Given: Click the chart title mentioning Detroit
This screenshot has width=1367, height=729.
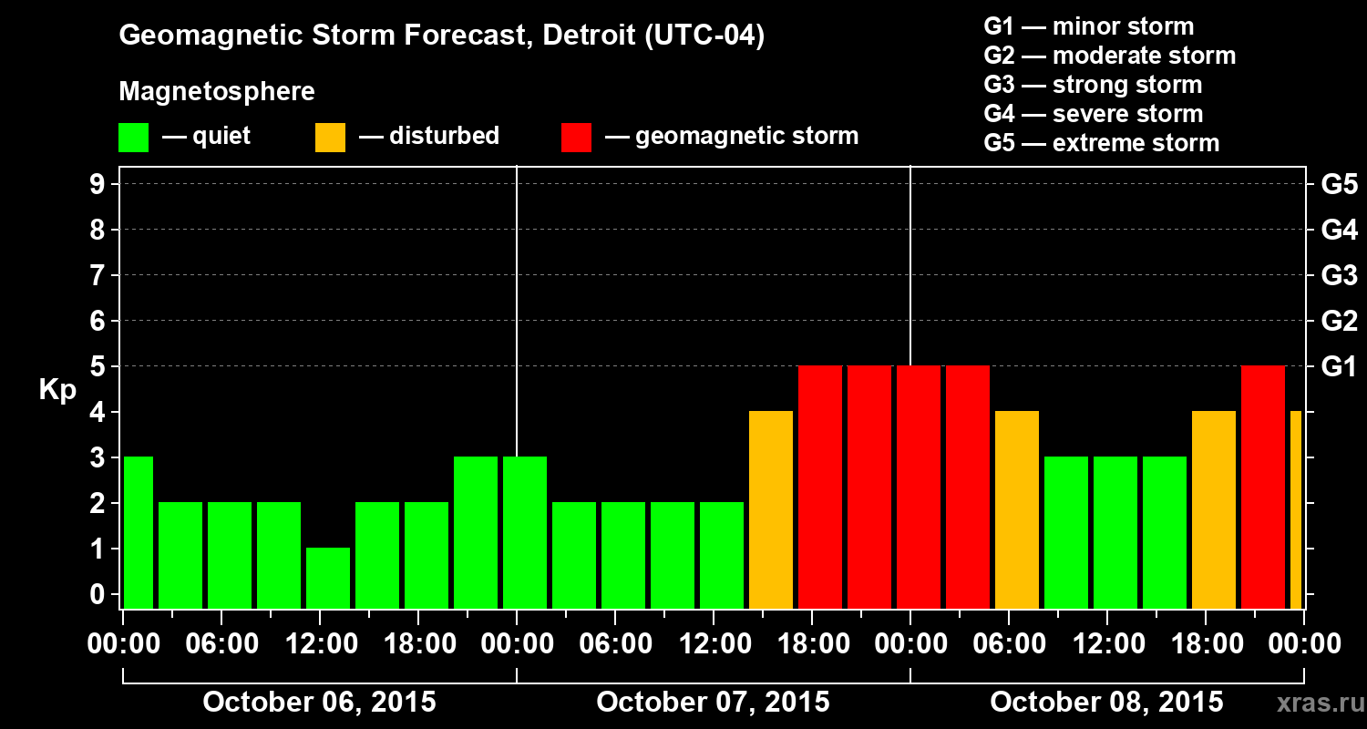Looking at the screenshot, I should tap(442, 36).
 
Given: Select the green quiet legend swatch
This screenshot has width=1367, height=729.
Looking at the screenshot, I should tap(133, 137).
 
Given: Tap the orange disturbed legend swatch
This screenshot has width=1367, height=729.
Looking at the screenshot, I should tap(330, 137).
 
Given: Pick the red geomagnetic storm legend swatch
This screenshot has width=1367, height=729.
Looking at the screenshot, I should tap(576, 137).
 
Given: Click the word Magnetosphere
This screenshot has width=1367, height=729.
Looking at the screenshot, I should tap(217, 92).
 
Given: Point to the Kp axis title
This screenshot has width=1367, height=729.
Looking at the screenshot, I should tap(57, 390).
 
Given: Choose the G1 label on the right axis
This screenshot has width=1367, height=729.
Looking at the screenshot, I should tap(1339, 367).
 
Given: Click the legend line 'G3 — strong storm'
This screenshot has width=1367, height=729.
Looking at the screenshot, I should tap(1093, 85).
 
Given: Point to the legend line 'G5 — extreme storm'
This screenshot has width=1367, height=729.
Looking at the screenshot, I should tap(1101, 143).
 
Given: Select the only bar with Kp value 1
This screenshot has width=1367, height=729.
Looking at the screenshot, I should tap(328, 578).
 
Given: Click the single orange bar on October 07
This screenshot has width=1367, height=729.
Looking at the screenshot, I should tap(771, 510).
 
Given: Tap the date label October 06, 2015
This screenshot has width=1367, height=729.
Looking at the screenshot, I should tap(319, 703).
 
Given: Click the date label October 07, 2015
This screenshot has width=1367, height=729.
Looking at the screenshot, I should tap(713, 703).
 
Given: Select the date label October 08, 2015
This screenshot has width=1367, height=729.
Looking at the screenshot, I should tap(1106, 703).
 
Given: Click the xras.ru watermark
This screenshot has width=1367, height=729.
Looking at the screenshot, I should tap(1312, 703).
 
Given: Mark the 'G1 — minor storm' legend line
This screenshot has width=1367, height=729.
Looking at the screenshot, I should tap(1088, 26).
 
